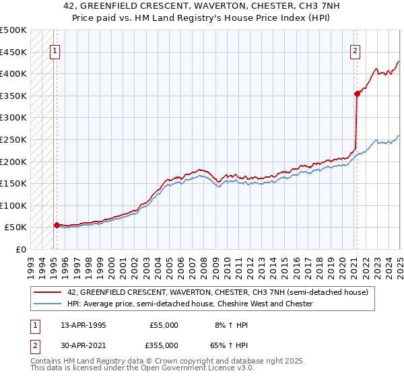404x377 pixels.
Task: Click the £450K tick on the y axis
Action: (x=13, y=52)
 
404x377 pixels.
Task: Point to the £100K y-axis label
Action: (x=13, y=205)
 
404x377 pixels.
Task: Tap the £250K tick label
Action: (x=13, y=139)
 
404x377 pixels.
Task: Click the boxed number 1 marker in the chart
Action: (x=54, y=49)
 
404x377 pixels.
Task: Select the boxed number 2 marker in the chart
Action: (x=355, y=49)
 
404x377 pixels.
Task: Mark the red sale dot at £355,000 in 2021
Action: (x=357, y=94)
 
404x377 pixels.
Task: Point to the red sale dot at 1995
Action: (x=57, y=226)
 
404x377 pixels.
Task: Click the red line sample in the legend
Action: (x=48, y=292)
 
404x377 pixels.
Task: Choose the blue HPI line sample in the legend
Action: (x=48, y=304)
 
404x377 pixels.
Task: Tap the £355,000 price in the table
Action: (x=164, y=345)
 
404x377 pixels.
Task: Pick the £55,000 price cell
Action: (x=164, y=325)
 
